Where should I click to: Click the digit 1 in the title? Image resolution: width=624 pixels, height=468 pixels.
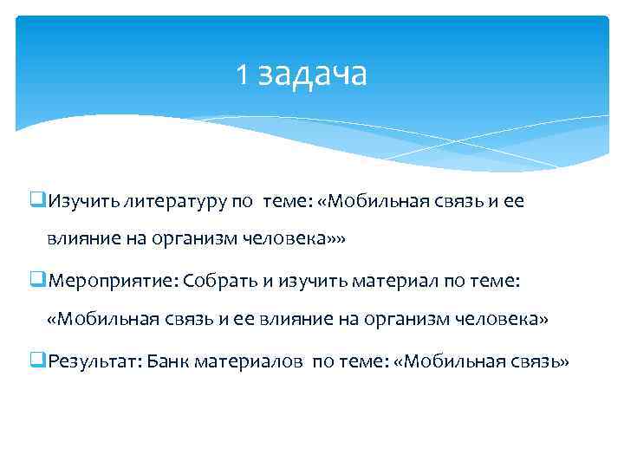tap(242, 75)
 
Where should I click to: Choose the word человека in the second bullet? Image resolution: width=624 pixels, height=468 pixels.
tap(499, 320)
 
